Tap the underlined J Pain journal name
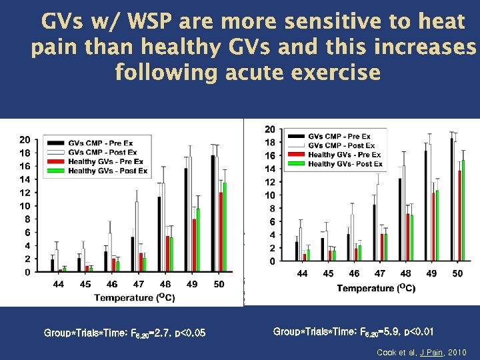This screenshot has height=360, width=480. click(427, 352)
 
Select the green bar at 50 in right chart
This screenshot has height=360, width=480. click(463, 210)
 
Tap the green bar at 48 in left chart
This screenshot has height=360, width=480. click(172, 254)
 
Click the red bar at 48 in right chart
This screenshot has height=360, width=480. click(407, 237)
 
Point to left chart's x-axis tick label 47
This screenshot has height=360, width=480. click(138, 285)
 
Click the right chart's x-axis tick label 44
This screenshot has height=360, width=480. click(302, 274)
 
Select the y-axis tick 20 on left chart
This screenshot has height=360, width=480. click(24, 139)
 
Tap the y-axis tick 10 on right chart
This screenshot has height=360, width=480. click(269, 195)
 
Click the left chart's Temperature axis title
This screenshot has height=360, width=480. click(135, 297)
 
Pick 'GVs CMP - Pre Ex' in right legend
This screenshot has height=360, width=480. click(341, 137)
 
